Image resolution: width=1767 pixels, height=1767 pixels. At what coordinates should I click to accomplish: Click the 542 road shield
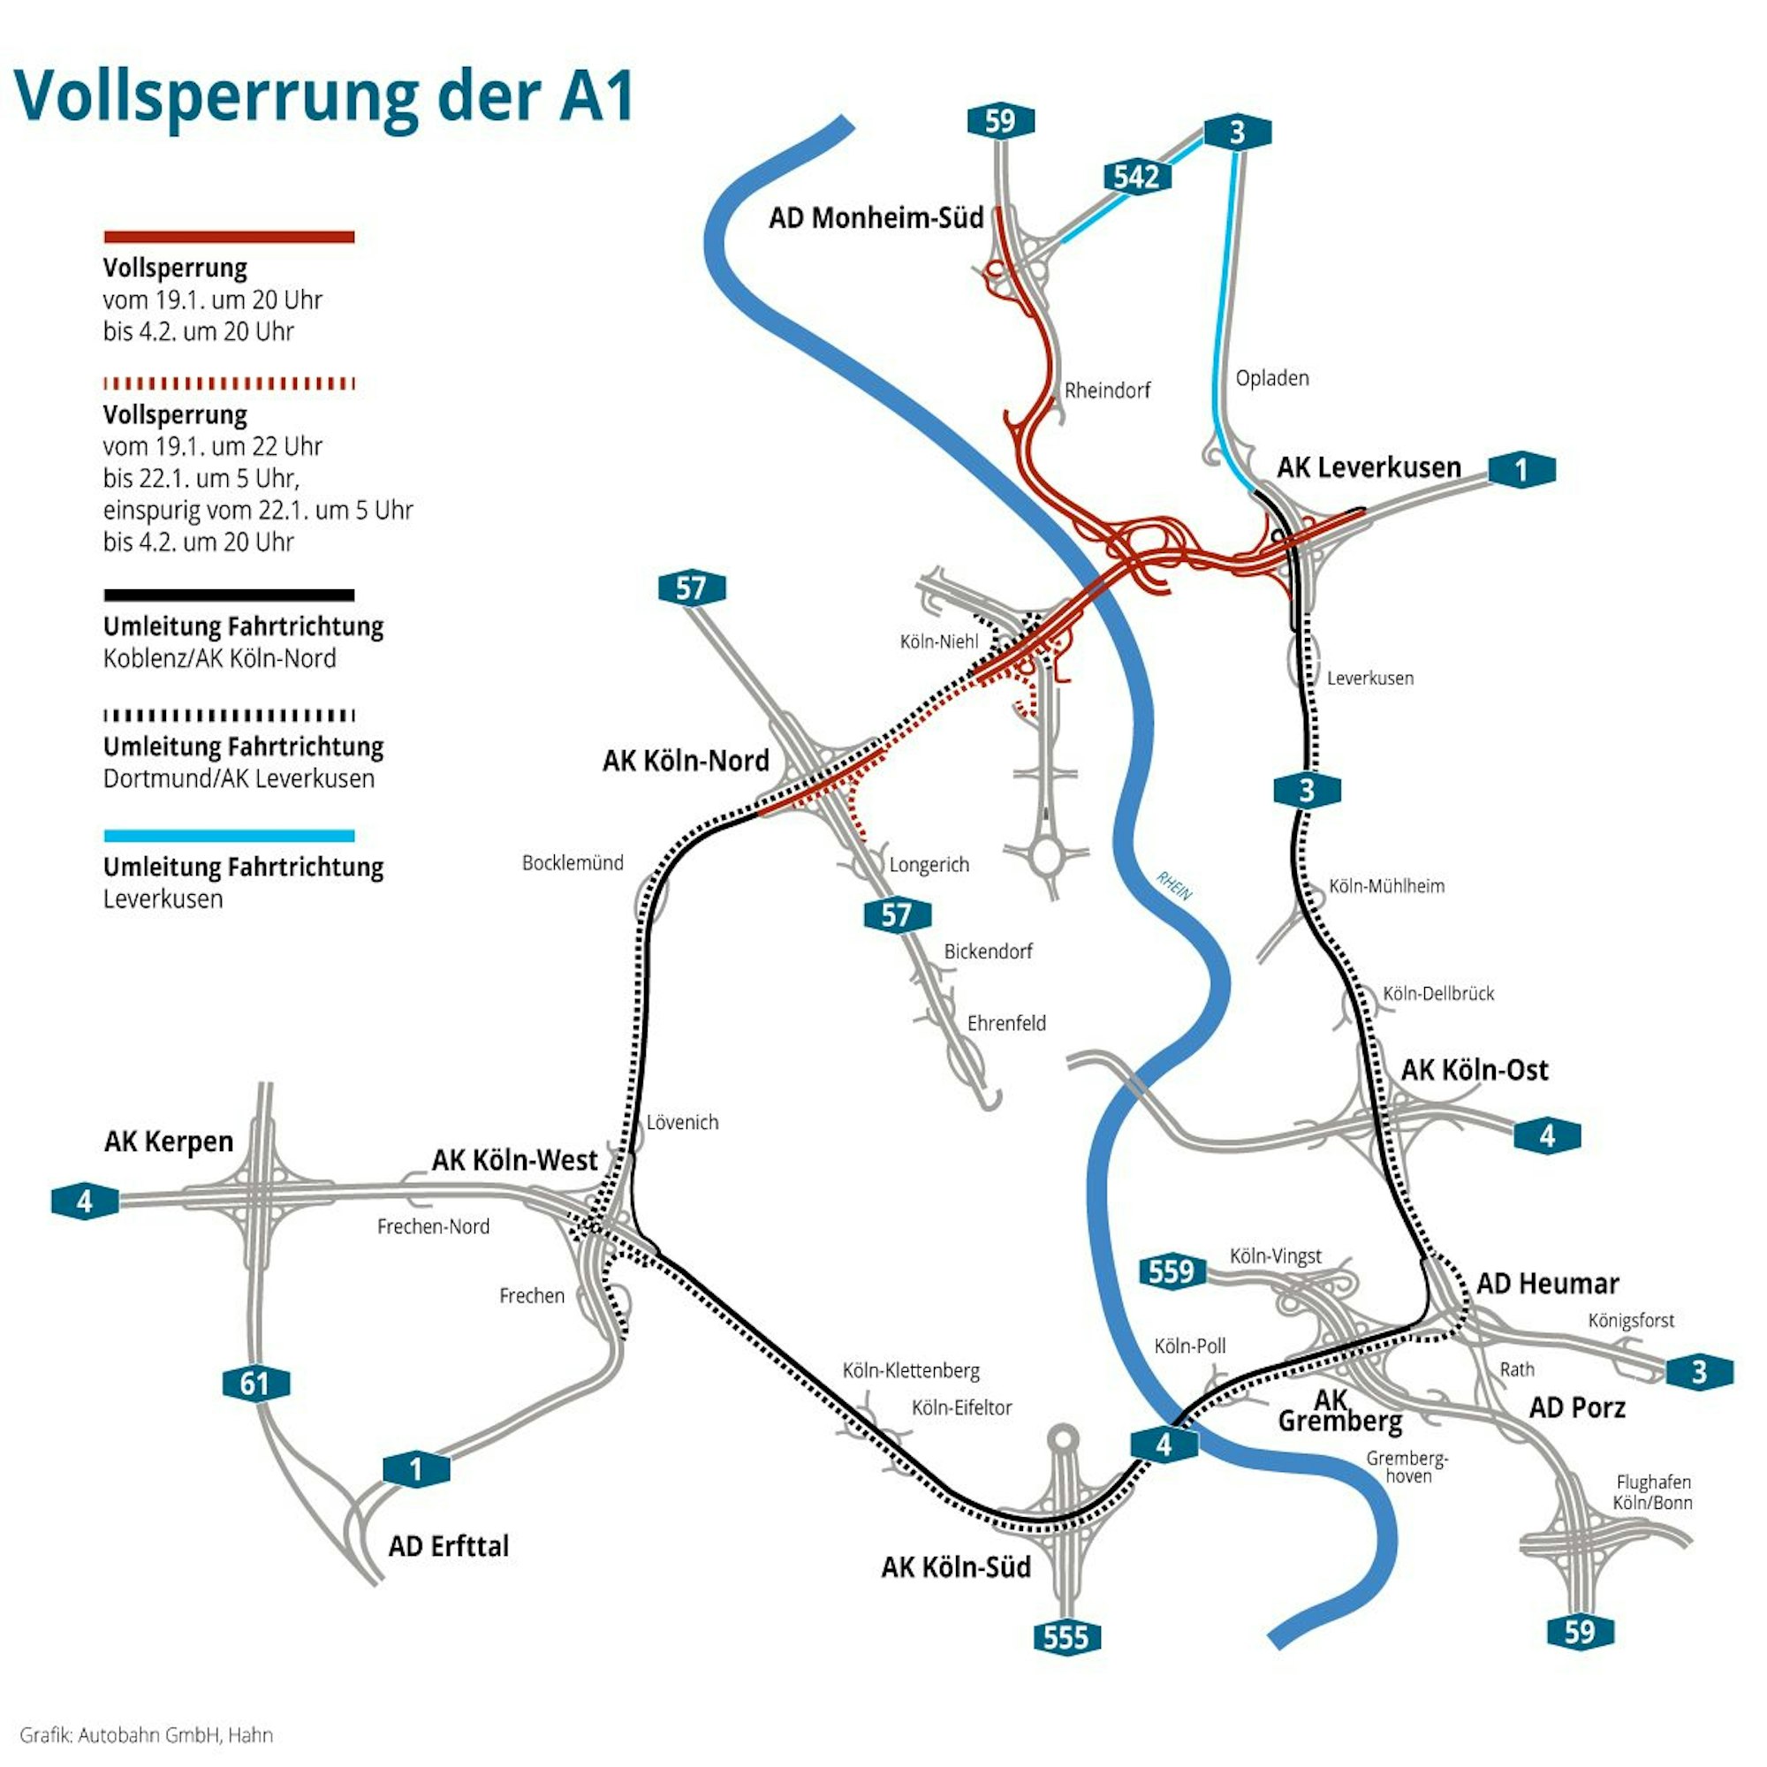(1136, 176)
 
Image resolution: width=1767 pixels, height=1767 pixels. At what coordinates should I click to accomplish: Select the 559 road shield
(1172, 1271)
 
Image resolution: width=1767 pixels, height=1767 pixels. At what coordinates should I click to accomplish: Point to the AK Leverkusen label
(1369, 467)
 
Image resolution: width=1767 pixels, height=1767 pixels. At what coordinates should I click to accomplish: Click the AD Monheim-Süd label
(876, 217)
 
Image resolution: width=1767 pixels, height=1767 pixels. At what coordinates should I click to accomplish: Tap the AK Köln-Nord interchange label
(685, 761)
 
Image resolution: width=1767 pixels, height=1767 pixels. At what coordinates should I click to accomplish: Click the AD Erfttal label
(448, 1545)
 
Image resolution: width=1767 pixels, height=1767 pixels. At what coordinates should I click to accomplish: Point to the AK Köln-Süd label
(956, 1566)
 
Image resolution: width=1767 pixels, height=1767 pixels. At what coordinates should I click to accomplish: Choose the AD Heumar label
(1548, 1283)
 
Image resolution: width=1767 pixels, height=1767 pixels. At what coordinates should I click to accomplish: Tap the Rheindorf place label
(1107, 391)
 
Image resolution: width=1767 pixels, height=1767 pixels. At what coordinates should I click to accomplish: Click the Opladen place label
(1271, 378)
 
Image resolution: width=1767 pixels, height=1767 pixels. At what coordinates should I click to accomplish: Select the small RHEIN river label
(1173, 885)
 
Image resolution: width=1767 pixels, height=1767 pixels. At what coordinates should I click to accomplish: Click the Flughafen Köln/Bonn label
(1653, 1491)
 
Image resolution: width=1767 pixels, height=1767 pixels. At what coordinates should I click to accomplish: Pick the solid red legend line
(229, 237)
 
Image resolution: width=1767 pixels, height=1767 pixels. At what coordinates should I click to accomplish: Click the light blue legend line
(229, 835)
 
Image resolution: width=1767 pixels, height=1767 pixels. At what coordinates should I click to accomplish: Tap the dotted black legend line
(229, 716)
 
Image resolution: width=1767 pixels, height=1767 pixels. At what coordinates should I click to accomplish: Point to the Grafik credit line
(147, 1734)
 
